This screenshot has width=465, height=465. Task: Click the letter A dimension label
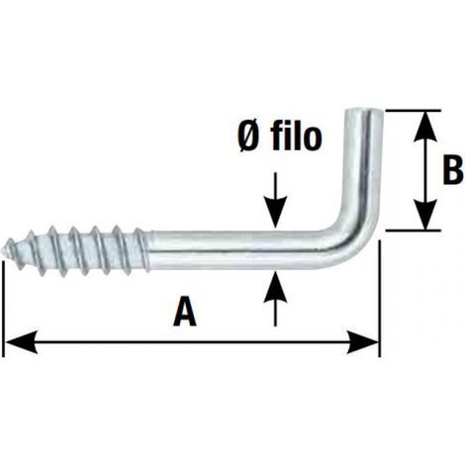tap(185, 311)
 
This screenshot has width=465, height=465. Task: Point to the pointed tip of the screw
tap(7, 249)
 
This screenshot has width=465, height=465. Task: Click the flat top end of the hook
tap(364, 112)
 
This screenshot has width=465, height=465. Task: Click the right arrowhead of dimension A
tap(362, 341)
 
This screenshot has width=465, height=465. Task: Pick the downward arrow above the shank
tap(275, 200)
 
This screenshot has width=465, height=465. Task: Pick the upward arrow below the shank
tap(275, 299)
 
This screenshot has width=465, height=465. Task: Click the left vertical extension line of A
tap(3, 309)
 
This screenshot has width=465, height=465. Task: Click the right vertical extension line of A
tap(380, 299)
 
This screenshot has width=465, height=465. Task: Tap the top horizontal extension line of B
tap(413, 111)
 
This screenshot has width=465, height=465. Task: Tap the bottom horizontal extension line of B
tap(413, 231)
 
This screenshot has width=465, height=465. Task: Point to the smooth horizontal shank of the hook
tap(237, 249)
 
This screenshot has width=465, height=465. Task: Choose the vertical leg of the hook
tap(364, 165)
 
